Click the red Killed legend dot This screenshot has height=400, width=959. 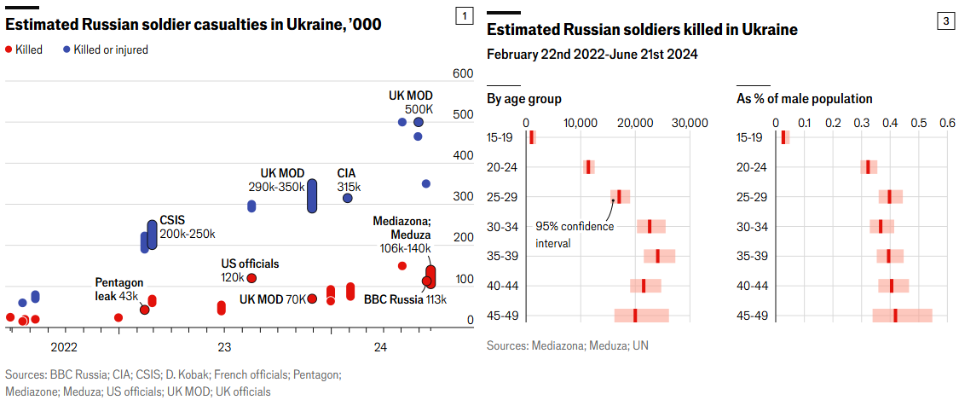coord(9,49)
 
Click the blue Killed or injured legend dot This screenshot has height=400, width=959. coord(66,49)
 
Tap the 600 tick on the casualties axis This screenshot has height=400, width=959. coord(463,74)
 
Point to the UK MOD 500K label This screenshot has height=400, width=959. coord(411,103)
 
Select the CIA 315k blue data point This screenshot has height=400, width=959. coord(348,198)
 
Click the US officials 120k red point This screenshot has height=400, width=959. coord(251,278)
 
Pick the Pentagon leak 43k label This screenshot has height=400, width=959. coord(118,289)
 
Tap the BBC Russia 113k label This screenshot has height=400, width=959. coord(405,299)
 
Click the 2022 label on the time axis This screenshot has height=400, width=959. coord(64,347)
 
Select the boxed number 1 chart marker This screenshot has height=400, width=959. coord(464,15)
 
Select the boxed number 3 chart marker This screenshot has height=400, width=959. coord(945,23)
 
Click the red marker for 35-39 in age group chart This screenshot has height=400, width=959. coord(657,256)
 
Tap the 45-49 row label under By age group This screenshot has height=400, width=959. coord(500,316)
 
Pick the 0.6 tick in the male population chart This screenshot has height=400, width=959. coord(947,124)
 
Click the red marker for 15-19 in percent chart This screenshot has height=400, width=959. coord(783,137)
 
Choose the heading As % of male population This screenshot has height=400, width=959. coord(804,99)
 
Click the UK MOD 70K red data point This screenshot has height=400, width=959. coord(312,299)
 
